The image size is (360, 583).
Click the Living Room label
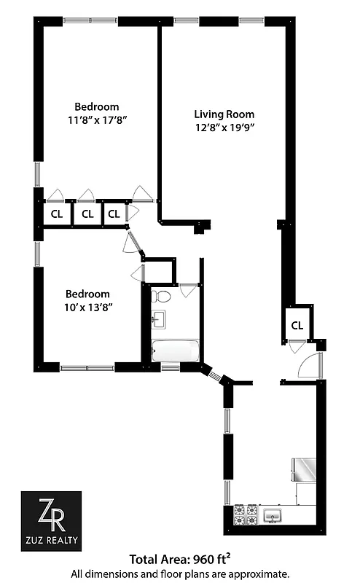pyautogui.click(x=224, y=114)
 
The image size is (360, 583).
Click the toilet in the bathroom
pyautogui.click(x=163, y=296)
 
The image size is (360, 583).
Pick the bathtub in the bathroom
pyautogui.click(x=174, y=349)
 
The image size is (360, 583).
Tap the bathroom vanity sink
pyautogui.click(x=157, y=319)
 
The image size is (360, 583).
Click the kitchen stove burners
pyautogui.click(x=246, y=514)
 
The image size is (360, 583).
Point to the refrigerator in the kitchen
pyautogui.click(x=304, y=470)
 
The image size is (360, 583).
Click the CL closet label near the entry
pyautogui.click(x=297, y=325)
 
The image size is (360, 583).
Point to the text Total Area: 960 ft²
pyautogui.click(x=180, y=560)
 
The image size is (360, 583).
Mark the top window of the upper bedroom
pyautogui.click(x=83, y=20)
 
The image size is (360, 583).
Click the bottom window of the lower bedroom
pyautogui.click(x=88, y=368)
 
